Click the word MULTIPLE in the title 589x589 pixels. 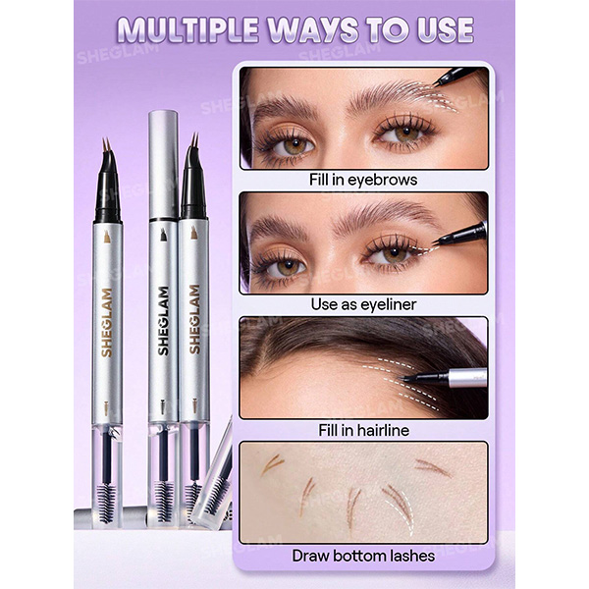187,30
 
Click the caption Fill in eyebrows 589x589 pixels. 363,180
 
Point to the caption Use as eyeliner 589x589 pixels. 363,304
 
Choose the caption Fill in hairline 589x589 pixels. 363,430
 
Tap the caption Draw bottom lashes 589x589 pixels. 363,556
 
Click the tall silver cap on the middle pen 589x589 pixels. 163,165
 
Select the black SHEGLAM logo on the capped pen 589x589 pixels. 163,321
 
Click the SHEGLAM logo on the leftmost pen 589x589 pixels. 107,322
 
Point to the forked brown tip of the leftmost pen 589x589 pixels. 106,145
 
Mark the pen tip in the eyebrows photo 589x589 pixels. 435,83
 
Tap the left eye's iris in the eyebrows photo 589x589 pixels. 294,145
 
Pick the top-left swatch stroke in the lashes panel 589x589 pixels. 272,464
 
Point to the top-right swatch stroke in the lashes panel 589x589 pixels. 433,467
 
